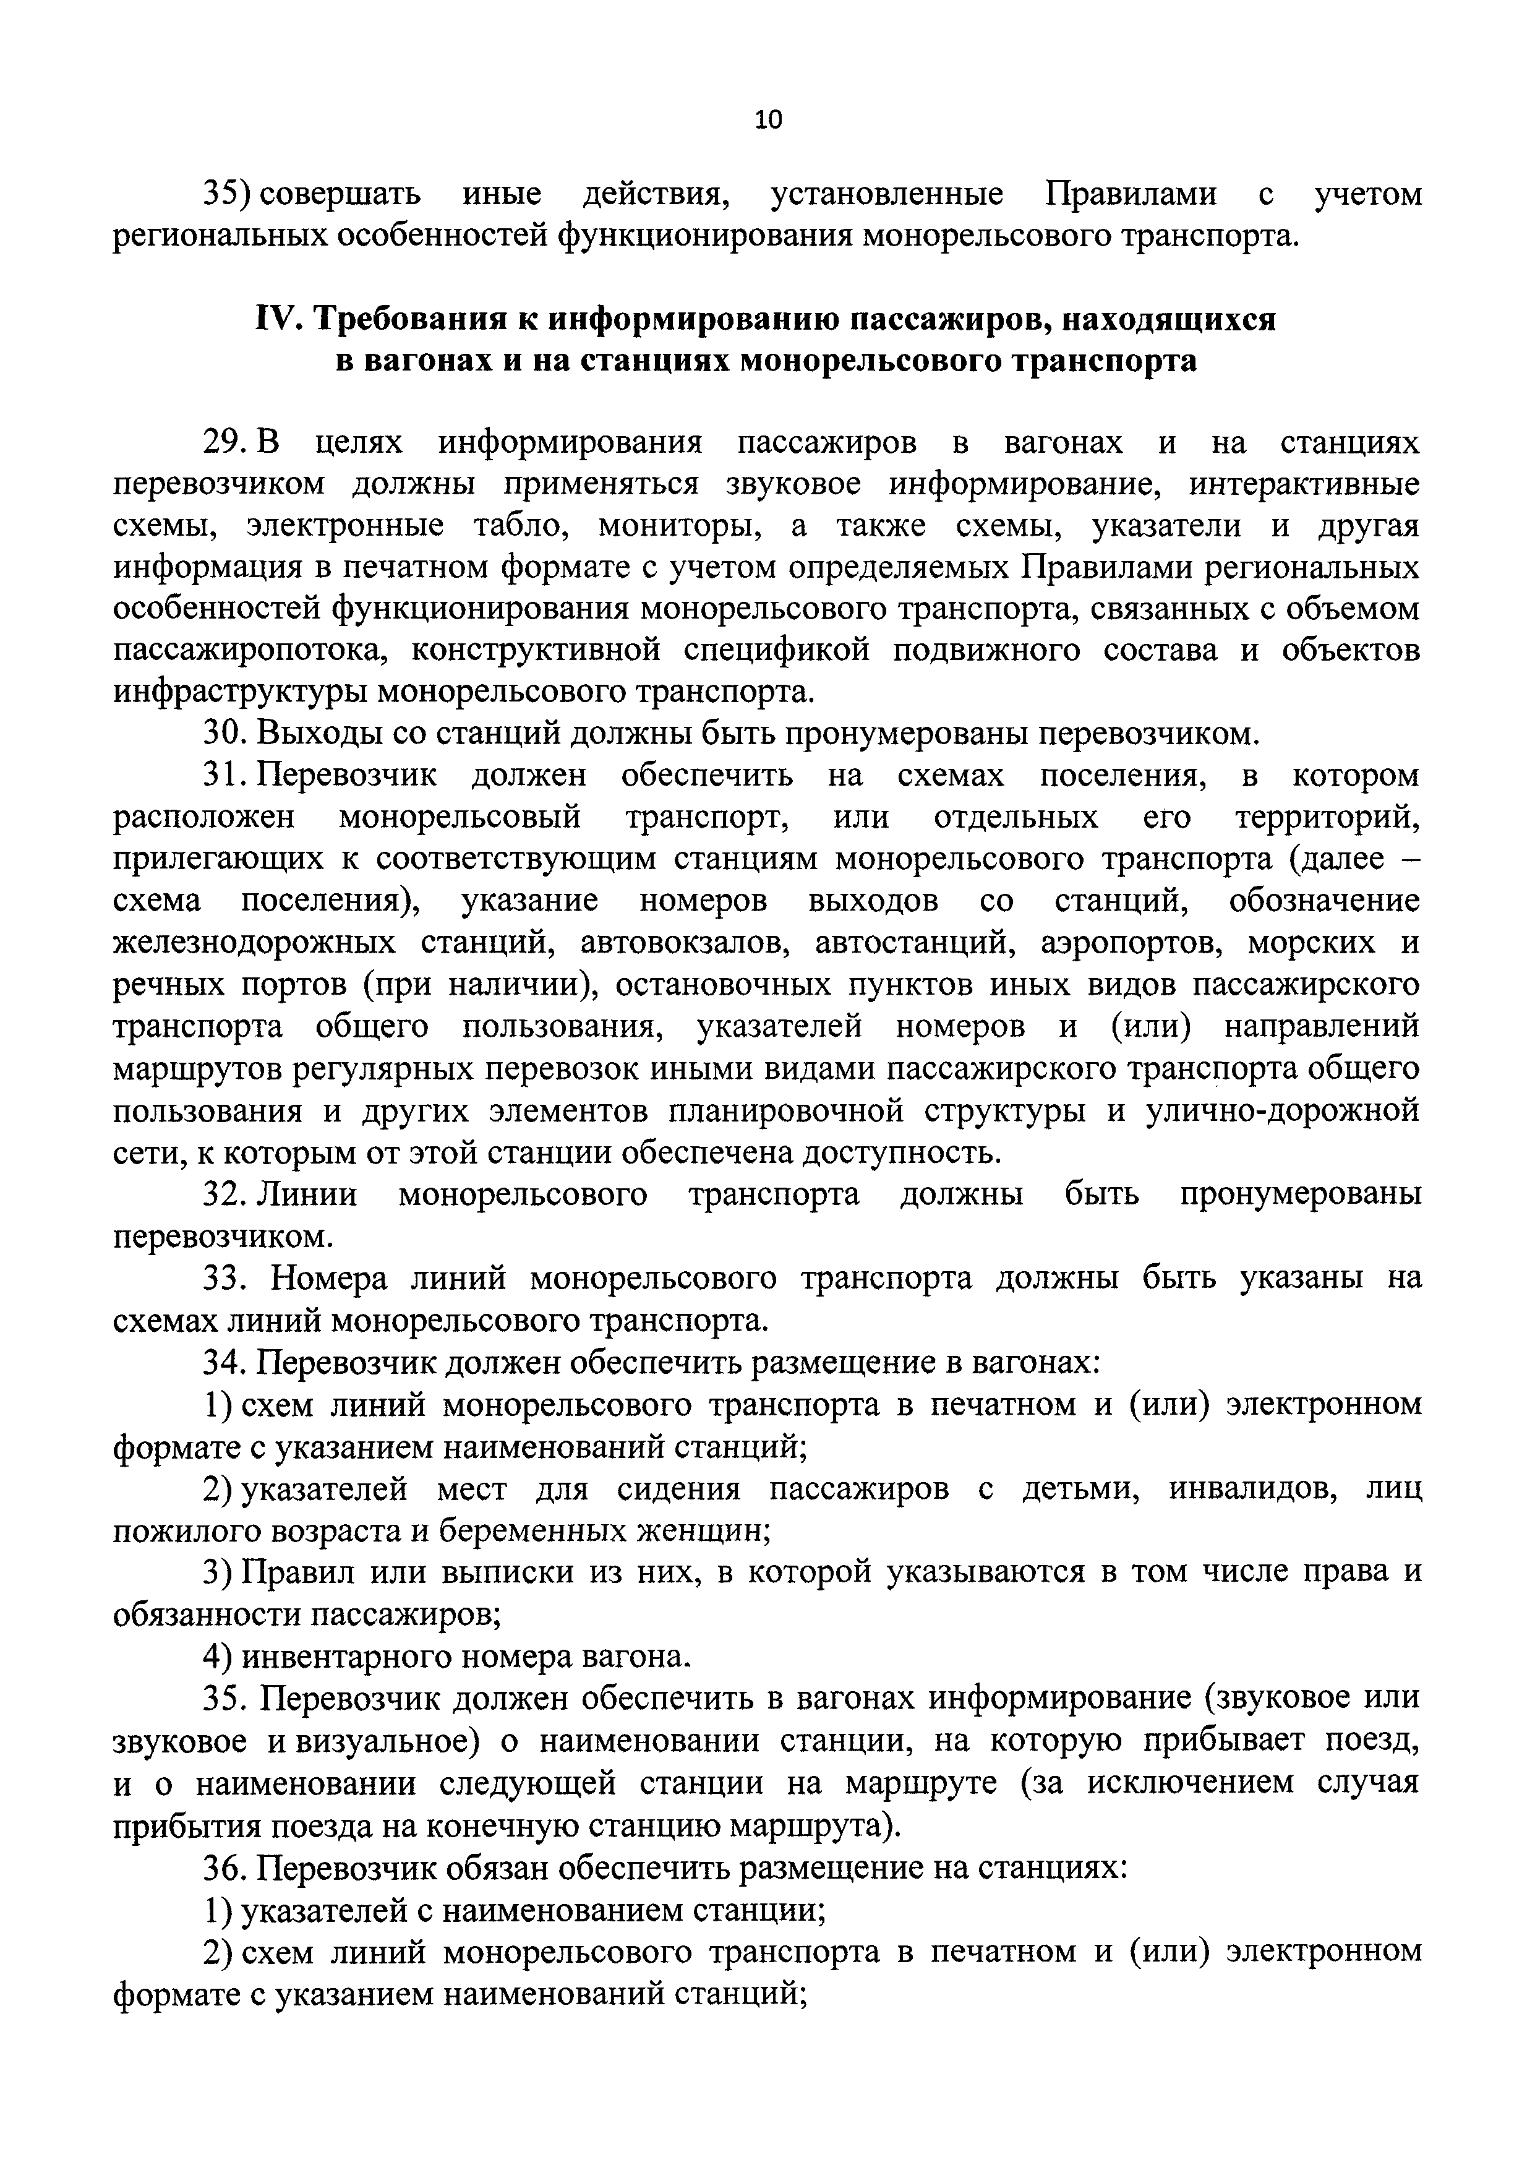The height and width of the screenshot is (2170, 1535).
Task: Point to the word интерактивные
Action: [1304, 484]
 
